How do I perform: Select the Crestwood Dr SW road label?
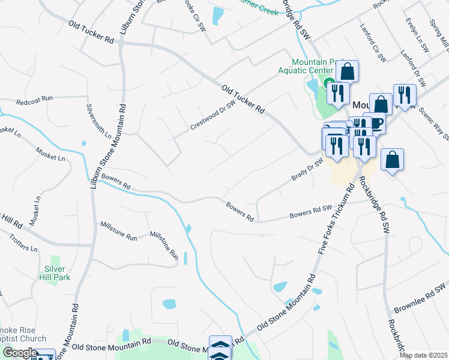[x=212, y=115]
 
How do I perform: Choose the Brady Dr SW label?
[x=307, y=169]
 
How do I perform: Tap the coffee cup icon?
[x=376, y=123]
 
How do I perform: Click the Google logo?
[x=20, y=353]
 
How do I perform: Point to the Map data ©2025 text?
[x=423, y=355]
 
